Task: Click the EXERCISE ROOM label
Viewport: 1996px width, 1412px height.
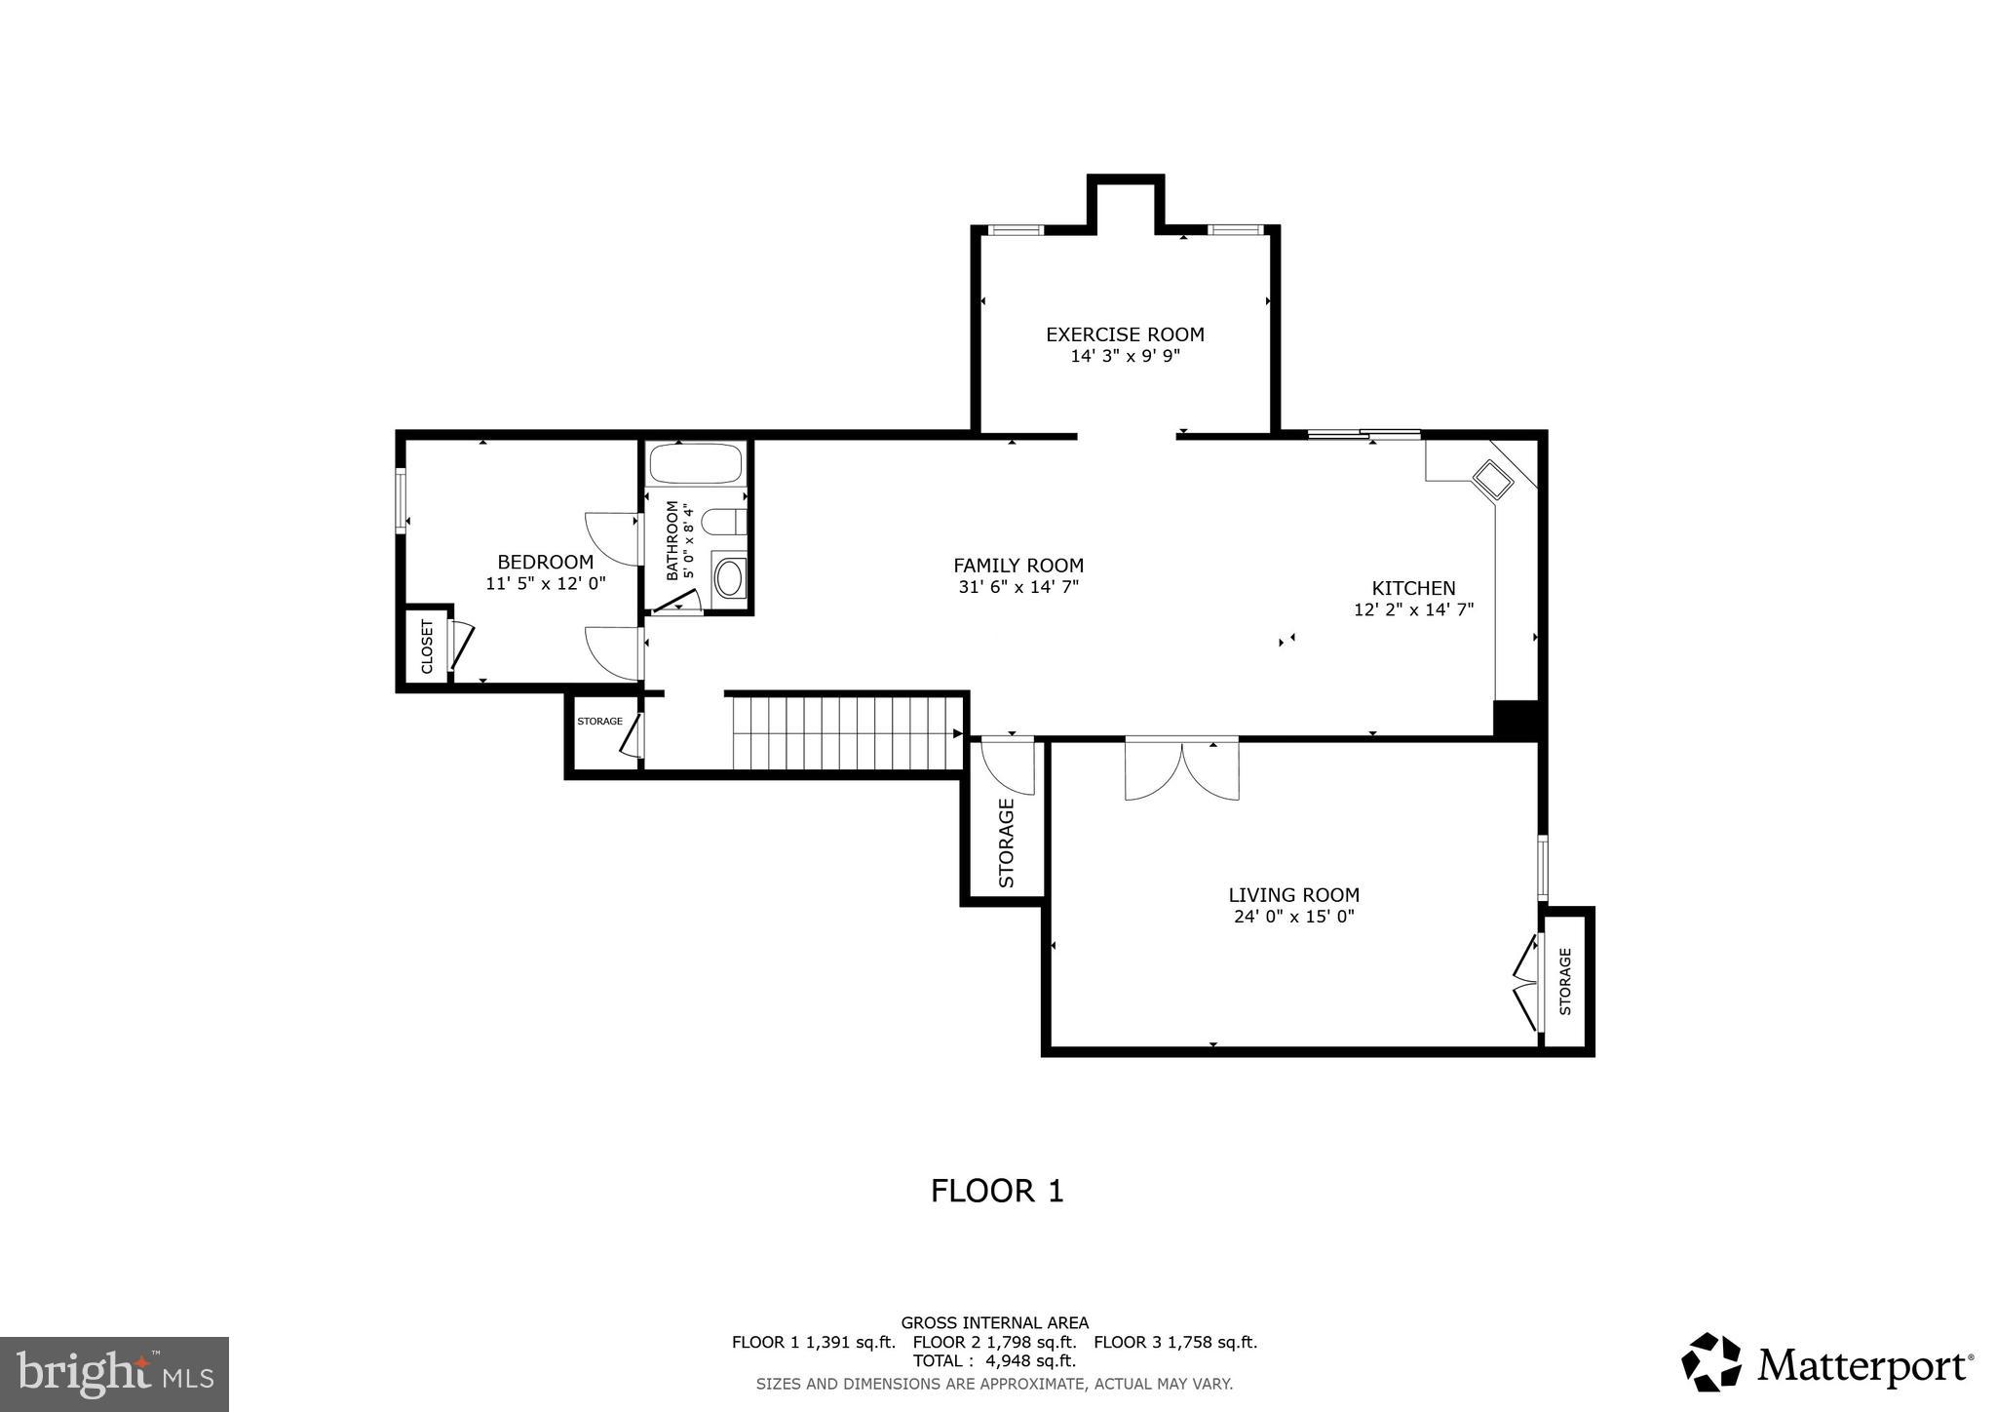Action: tap(1125, 334)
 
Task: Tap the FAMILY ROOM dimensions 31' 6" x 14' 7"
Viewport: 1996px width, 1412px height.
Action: tap(1018, 587)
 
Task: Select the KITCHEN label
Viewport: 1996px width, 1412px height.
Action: tap(1413, 588)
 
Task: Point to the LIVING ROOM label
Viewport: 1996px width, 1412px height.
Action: tap(1293, 894)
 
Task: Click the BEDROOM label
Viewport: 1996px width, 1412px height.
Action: tap(545, 562)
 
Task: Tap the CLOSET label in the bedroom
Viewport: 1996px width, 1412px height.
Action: tap(427, 647)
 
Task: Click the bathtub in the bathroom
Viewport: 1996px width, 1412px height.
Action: tap(697, 464)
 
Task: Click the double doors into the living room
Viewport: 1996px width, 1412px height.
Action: tap(1181, 768)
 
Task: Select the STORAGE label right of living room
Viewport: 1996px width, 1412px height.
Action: tap(1565, 981)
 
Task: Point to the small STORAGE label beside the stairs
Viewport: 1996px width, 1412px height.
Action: tap(599, 722)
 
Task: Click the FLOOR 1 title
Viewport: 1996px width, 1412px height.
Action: tap(997, 1191)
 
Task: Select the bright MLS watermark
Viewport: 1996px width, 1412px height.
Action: tap(114, 1374)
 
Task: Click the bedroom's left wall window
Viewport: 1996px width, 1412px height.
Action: tap(400, 501)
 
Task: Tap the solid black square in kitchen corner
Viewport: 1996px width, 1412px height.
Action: tap(1516, 720)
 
